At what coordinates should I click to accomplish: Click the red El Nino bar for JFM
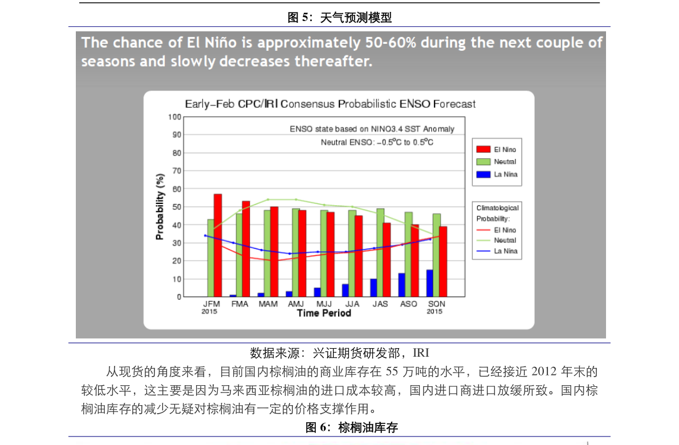[218, 246]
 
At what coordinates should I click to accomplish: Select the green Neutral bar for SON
[437, 255]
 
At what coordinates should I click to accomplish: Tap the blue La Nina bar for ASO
[402, 285]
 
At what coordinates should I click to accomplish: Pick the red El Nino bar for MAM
[274, 252]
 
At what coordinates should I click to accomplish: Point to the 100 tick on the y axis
[174, 117]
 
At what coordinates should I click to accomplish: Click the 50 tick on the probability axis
[177, 207]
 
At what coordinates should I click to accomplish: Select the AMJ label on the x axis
[296, 304]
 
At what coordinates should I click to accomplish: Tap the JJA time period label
[352, 304]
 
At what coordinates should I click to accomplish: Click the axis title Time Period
[324, 313]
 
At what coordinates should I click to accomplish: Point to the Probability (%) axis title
[160, 206]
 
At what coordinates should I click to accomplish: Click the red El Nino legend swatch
[483, 149]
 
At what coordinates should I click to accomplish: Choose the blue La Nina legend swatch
[483, 174]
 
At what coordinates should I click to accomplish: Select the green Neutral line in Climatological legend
[483, 240]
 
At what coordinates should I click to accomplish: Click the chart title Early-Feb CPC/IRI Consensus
[330, 104]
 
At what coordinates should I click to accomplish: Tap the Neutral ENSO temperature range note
[377, 142]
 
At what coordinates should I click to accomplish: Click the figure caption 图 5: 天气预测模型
[340, 17]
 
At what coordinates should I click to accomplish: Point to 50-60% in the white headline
[391, 42]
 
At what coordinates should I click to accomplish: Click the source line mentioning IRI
[340, 353]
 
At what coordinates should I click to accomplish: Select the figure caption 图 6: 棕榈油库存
[351, 428]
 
